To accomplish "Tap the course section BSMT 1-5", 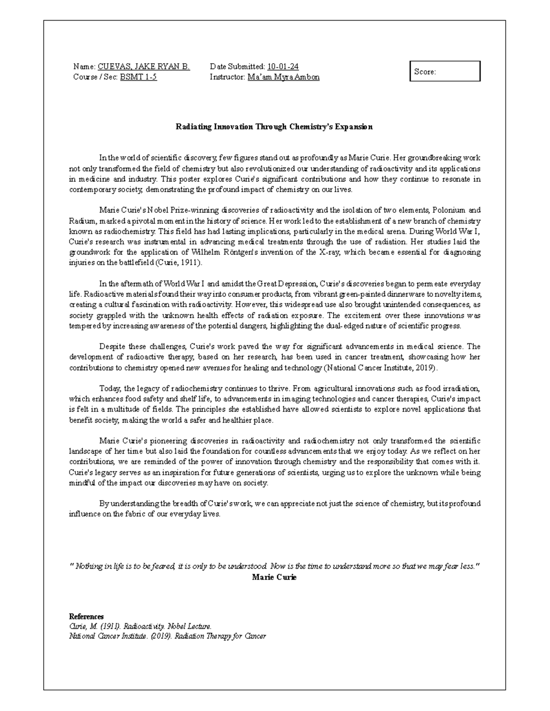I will coord(138,77).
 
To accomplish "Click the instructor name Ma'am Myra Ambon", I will coord(283,77).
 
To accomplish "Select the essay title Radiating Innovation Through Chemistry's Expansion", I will coord(274,127).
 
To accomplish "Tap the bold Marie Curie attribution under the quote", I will coord(274,577).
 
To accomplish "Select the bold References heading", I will coord(86,616).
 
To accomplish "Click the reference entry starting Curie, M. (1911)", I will coord(140,626).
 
